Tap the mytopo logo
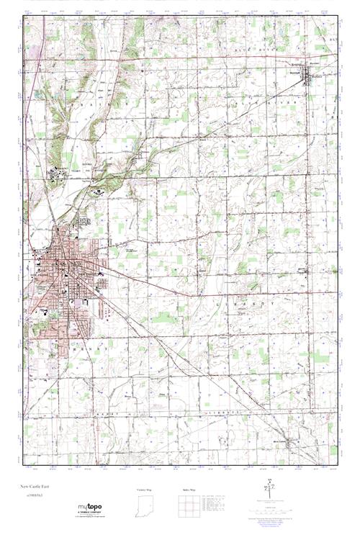pyautogui.click(x=89, y=508)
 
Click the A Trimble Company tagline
pyautogui.click(x=89, y=514)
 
